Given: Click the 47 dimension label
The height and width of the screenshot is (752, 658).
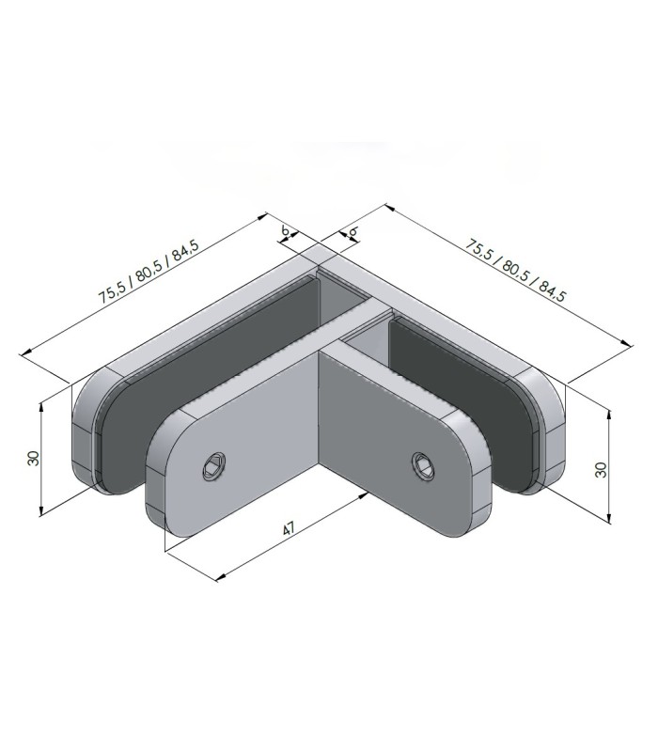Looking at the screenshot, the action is click(289, 529).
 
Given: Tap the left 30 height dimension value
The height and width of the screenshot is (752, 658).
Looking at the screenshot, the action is click(34, 458).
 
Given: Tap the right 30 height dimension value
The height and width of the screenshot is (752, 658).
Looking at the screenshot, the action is click(601, 469).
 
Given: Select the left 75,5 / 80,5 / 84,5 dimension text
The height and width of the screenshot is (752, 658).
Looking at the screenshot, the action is click(149, 271).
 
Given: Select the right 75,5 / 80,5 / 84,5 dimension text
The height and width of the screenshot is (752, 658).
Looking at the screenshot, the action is click(515, 271).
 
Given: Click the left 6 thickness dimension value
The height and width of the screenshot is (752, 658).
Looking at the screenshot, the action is click(285, 230).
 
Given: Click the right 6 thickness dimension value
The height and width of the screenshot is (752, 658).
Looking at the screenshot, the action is click(353, 231).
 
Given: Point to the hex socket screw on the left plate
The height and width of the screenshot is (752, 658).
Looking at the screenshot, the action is click(214, 465).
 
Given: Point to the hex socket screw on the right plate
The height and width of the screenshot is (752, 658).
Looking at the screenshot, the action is click(423, 465).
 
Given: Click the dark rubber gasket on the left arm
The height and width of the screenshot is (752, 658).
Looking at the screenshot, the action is click(207, 384).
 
